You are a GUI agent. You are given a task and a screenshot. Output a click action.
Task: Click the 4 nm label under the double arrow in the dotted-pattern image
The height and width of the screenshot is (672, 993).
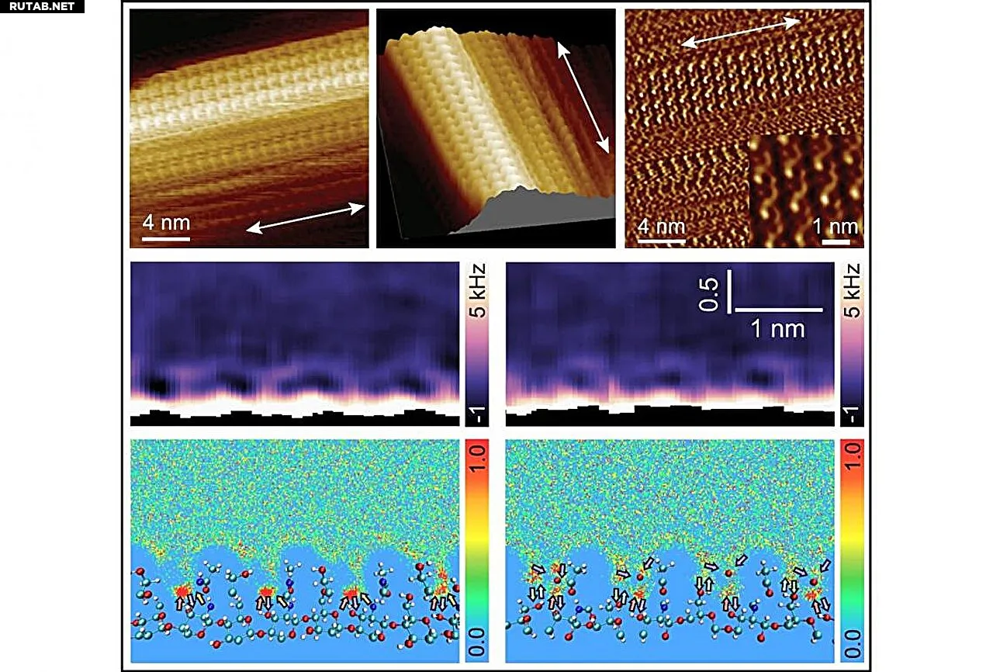660,227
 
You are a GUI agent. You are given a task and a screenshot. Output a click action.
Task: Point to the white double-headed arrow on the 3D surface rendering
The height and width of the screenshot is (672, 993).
582,97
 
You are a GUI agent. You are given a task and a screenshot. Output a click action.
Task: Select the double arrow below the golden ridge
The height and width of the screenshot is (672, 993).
306,216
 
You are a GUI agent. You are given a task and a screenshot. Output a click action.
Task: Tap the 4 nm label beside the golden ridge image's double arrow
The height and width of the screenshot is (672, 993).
166,223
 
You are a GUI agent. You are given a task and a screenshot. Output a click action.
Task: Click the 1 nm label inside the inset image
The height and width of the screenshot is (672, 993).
840,227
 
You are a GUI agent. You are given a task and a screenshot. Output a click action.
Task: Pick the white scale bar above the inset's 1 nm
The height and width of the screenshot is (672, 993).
830,241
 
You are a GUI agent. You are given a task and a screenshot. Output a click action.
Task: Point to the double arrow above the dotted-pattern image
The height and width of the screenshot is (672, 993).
740,34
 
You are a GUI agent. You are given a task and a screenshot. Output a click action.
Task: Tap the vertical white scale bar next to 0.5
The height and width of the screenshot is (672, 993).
730,292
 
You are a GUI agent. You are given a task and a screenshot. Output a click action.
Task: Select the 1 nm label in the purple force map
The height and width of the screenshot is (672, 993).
778,329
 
